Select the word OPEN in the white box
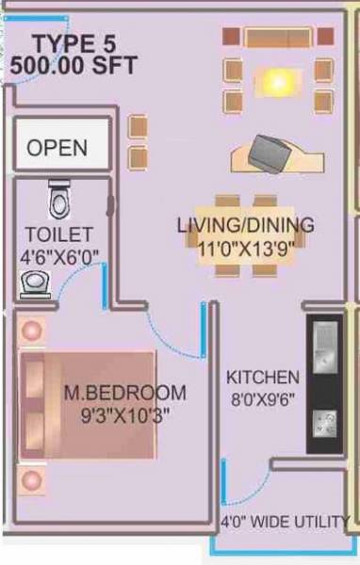(x=57, y=149)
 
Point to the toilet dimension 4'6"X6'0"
(x=58, y=255)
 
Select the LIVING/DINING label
(x=245, y=226)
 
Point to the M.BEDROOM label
(x=124, y=393)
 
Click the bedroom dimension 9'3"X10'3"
(x=124, y=413)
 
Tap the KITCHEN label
(x=263, y=378)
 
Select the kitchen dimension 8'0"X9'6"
(x=263, y=398)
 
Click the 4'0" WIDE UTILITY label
(x=285, y=522)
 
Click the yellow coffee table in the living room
(x=275, y=83)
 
